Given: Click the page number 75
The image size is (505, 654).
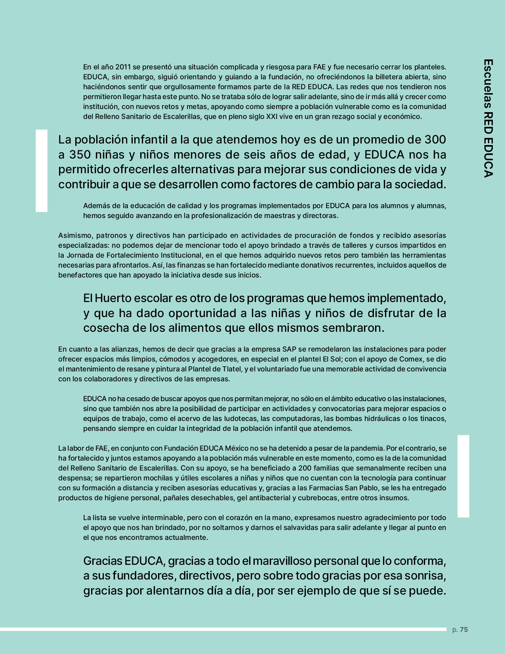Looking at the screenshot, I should (464, 629).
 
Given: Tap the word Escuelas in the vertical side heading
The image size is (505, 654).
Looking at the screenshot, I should (488, 84).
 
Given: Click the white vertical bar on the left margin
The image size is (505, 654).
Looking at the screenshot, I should (42, 170).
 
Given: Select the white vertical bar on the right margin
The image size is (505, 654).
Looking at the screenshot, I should (463, 476).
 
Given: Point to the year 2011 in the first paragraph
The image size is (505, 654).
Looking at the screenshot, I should (123, 67).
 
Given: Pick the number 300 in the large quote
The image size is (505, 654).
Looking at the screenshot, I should (435, 140).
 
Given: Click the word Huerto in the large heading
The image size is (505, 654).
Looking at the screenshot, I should (113, 298).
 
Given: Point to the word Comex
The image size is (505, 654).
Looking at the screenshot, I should (411, 359).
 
